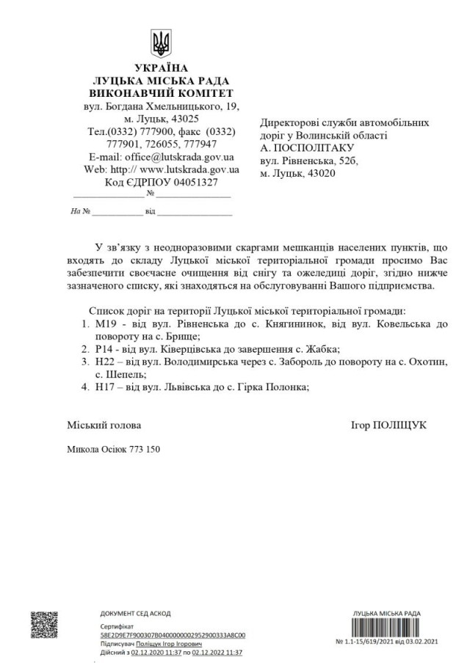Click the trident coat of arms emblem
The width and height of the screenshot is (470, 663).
tap(161, 43)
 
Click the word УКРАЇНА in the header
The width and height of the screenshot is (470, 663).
tap(160, 69)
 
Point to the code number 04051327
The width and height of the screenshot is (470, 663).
tap(190, 182)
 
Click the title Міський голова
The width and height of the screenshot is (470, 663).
tap(104, 425)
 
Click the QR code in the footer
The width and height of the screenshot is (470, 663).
tap(44, 626)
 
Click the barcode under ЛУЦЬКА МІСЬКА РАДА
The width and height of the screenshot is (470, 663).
tap(386, 626)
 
